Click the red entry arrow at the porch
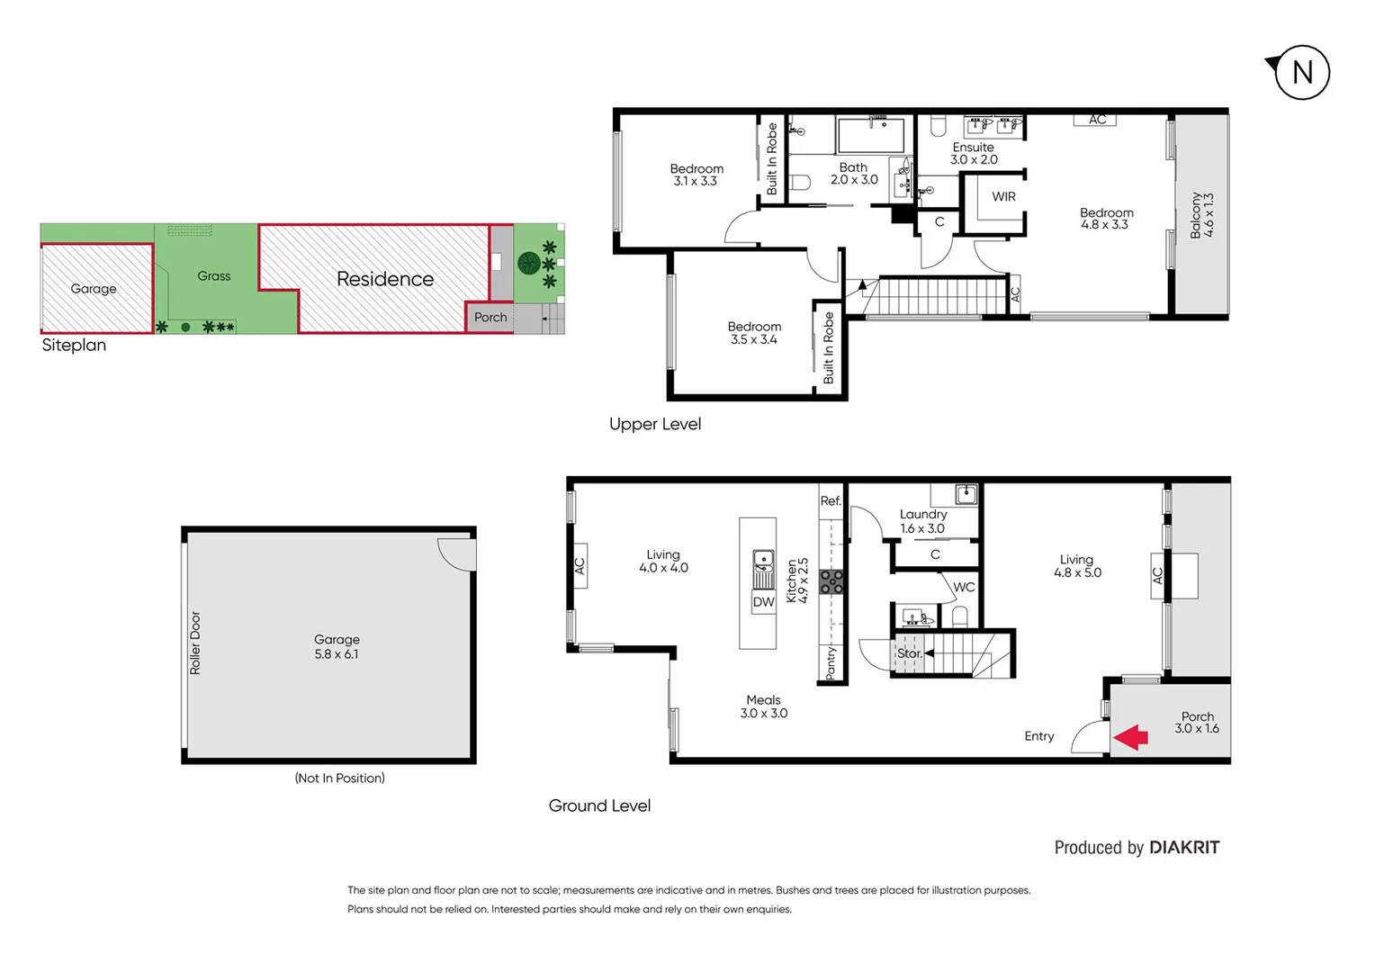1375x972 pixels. coord(1131,737)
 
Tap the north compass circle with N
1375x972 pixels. coord(1302,72)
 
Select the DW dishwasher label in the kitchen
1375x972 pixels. coord(763,602)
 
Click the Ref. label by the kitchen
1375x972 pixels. coord(831,501)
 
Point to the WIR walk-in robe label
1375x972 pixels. coord(1003,197)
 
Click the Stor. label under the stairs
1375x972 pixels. coord(909,653)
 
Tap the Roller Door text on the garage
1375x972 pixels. coord(195,643)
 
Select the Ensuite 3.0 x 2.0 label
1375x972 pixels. coord(974,153)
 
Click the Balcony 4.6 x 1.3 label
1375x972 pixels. coord(1201,214)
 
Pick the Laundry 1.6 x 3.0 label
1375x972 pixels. coord(923,521)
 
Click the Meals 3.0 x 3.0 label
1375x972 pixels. coord(763,706)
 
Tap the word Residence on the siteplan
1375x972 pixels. coord(385,279)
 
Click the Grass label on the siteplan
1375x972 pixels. coord(214,276)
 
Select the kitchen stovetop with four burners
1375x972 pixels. coord(831,581)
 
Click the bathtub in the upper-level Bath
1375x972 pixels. coord(870,135)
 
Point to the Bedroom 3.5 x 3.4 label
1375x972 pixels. coord(754,333)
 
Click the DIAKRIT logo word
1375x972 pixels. coord(1184,848)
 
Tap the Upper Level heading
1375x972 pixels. coord(655,424)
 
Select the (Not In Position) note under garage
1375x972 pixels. coord(339,778)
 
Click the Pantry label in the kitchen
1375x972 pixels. coord(831,662)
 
